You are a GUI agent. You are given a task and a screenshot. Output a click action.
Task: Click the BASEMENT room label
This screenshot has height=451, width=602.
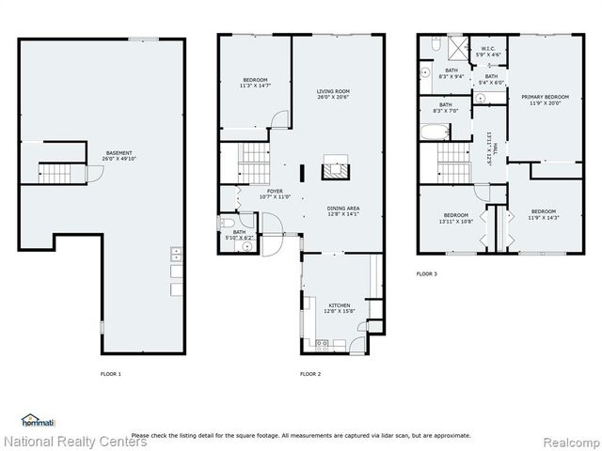pos(119,153)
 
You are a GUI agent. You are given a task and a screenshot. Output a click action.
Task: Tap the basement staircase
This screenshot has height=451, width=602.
pos(52,172)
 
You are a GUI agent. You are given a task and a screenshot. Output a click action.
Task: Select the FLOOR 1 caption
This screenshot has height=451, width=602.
pos(111,374)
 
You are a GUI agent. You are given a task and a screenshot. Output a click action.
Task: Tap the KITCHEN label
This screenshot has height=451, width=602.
pos(339,305)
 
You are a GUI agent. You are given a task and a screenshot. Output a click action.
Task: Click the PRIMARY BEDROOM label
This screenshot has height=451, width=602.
pos(545,98)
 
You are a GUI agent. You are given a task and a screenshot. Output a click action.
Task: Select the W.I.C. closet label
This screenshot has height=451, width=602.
pos(488,50)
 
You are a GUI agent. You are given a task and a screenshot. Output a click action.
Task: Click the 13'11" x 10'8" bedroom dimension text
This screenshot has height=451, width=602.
pos(456,223)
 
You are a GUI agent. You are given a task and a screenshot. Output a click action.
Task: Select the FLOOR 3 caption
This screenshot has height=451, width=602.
pos(427,274)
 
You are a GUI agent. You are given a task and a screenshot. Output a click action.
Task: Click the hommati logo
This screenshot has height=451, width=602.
pos(37,419)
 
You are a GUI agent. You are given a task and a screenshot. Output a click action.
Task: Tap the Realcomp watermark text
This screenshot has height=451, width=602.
pos(567,440)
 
